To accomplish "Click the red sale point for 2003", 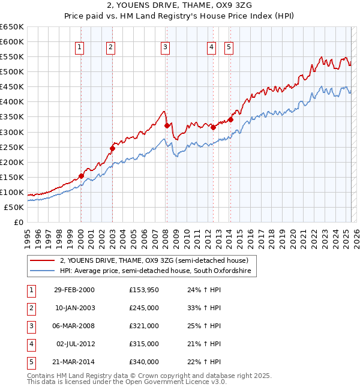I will tap(112, 148).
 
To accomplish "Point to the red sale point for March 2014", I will tap(230, 119).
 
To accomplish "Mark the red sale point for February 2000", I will tap(81, 176).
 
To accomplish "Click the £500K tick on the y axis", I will tap(13, 71).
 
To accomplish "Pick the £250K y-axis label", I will tap(13, 147).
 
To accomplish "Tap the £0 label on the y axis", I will tap(18, 222).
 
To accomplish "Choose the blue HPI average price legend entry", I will tap(157, 271).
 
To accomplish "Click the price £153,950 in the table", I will tap(144, 290).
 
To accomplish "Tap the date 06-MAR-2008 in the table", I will tap(74, 326).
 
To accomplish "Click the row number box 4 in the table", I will tap(31, 344).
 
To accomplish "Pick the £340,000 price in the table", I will tap(144, 362).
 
